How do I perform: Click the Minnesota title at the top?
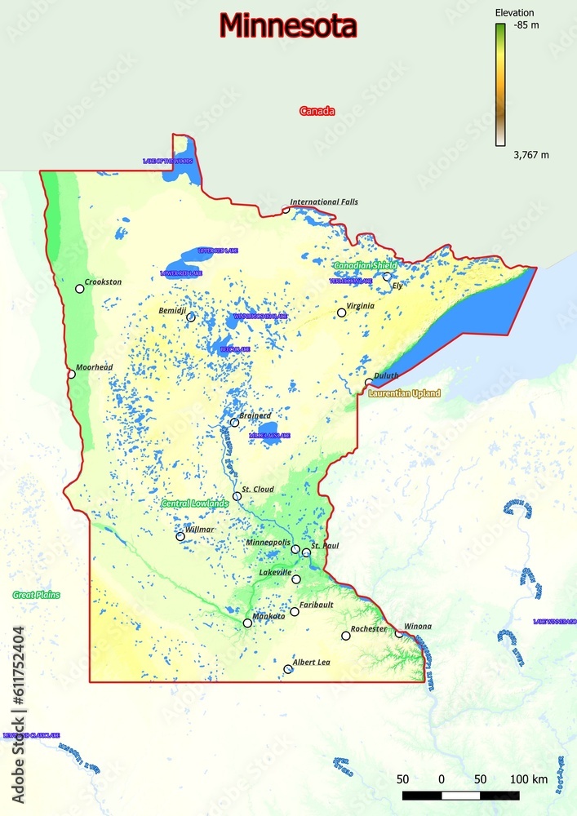pos(288,26)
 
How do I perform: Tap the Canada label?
pos(317,111)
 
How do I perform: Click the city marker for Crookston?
pos(80,289)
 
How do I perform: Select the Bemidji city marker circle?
pos(191,317)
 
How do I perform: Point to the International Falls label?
pos(324,202)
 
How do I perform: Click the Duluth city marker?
pos(369,382)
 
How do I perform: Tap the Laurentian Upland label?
pos(404,393)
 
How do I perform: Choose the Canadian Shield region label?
pos(365,265)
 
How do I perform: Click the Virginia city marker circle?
pos(342,313)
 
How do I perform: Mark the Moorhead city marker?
pos(71,375)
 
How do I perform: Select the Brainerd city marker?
pos(234,423)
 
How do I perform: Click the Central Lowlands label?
pos(194,503)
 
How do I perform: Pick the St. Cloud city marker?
pos(237,496)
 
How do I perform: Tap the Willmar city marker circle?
pos(180,536)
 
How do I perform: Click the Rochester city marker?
pos(346,636)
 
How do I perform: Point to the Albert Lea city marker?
pos(288,669)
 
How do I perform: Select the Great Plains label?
pos(36,595)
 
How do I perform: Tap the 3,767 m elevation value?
pos(530,154)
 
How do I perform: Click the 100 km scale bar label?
pos(529,779)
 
